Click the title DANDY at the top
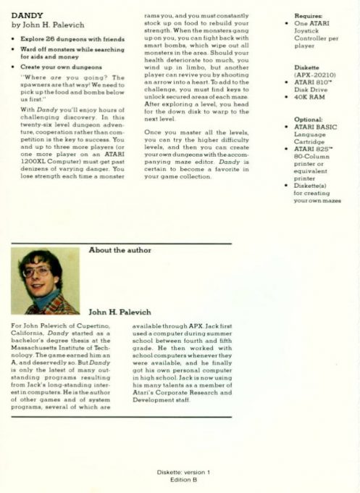(x=27, y=14)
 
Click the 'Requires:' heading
(x=308, y=15)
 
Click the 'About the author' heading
(x=120, y=250)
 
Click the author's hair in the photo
(x=41, y=259)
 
